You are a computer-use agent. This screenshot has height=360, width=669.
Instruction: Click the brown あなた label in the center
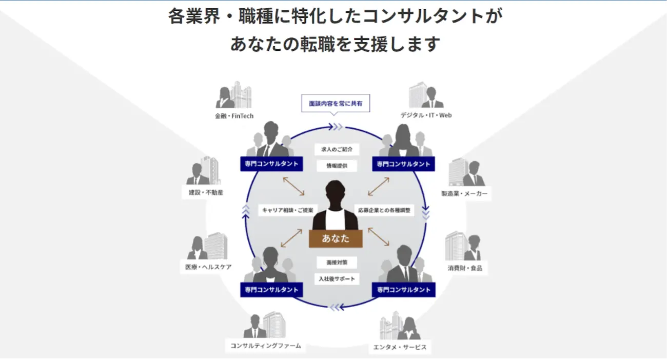(x=336, y=238)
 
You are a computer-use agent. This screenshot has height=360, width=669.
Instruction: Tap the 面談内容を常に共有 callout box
(x=336, y=104)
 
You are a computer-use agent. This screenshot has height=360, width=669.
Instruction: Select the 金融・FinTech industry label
(x=234, y=116)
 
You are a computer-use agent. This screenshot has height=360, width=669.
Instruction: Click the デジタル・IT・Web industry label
(x=426, y=115)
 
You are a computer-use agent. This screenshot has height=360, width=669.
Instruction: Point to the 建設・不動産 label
(x=203, y=193)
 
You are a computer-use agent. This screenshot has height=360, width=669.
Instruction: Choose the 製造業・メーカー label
(x=464, y=194)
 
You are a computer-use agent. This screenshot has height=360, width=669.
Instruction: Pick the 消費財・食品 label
(x=465, y=268)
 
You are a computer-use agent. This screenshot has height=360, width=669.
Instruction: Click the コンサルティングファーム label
(x=265, y=346)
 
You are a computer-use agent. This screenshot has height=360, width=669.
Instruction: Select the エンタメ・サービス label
(x=400, y=348)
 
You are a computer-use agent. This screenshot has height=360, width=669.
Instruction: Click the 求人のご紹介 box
(x=337, y=150)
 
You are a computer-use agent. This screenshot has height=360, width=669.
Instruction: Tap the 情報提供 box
(x=337, y=166)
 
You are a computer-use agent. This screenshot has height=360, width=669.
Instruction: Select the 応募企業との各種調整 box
(x=384, y=210)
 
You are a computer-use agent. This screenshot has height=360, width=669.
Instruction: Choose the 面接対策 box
(x=337, y=262)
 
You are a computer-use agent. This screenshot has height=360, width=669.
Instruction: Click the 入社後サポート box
(x=337, y=279)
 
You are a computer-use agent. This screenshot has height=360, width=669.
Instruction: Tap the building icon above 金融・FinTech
(x=241, y=94)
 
